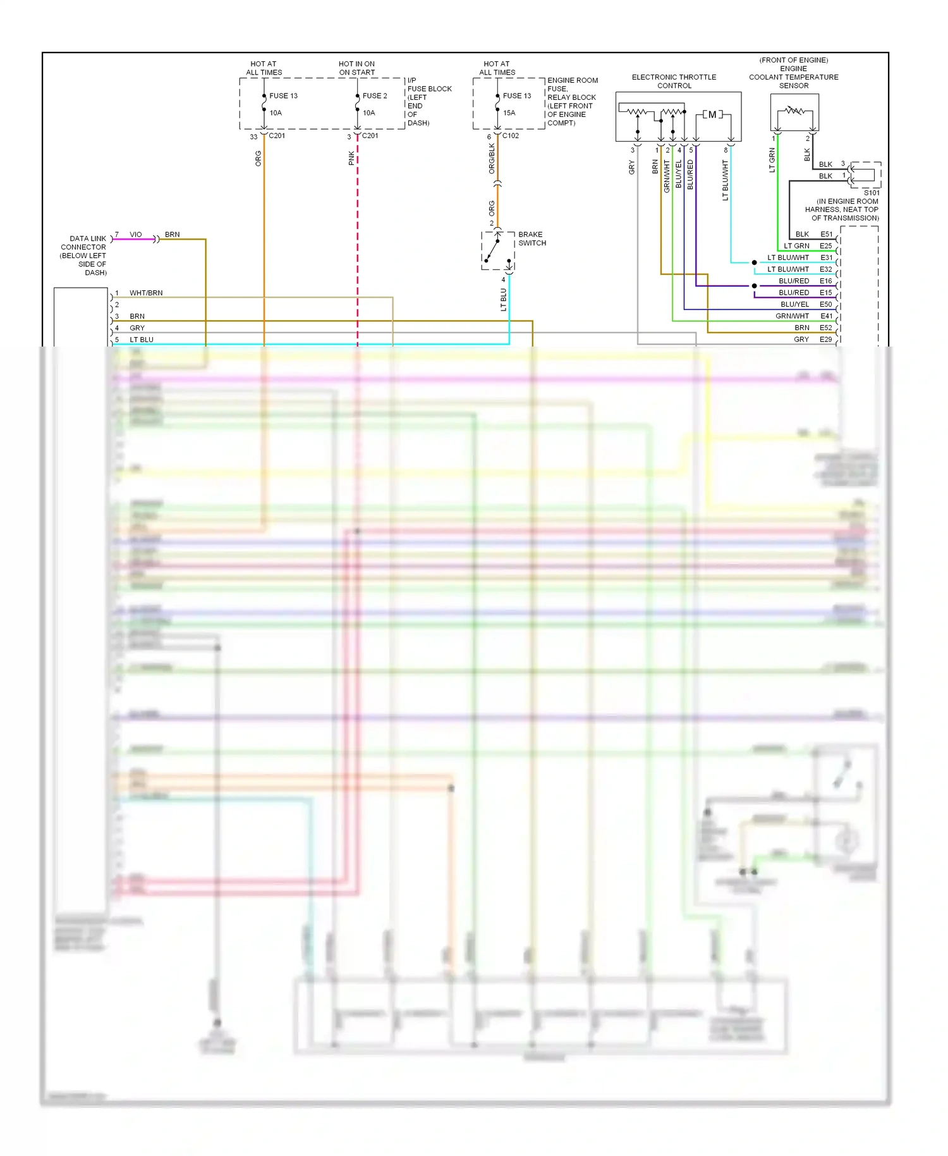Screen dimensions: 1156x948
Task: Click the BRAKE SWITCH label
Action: pyautogui.click(x=532, y=238)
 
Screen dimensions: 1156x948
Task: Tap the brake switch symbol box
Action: pyautogui.click(x=498, y=251)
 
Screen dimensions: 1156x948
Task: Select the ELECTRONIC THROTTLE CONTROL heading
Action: pyautogui.click(x=674, y=81)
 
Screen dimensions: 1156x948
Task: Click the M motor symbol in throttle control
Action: pyautogui.click(x=712, y=114)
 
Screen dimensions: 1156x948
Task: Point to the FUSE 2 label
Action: pyautogui.click(x=374, y=95)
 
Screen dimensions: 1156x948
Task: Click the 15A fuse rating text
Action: pyautogui.click(x=509, y=113)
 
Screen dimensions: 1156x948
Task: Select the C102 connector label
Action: pyautogui.click(x=511, y=135)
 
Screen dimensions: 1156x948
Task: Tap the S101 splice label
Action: pyautogui.click(x=871, y=193)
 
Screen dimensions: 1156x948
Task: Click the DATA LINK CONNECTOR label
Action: pyautogui.click(x=84, y=255)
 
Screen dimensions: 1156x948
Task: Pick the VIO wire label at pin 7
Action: pyautogui.click(x=136, y=235)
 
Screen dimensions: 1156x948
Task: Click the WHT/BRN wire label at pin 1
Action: pyautogui.click(x=146, y=293)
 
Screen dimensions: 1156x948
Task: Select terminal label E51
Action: pyautogui.click(x=826, y=234)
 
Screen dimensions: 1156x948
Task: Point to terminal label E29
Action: pyautogui.click(x=825, y=340)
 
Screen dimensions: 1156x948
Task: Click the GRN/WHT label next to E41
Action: pyautogui.click(x=792, y=316)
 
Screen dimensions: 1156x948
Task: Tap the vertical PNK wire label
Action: pyautogui.click(x=351, y=158)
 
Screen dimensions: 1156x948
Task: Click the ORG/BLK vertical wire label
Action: pyautogui.click(x=492, y=158)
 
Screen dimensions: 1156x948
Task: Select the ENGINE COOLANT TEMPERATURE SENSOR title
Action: pyautogui.click(x=793, y=73)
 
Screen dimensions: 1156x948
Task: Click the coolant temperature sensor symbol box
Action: pyautogui.click(x=794, y=113)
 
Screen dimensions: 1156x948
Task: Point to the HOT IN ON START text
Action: pyautogui.click(x=356, y=68)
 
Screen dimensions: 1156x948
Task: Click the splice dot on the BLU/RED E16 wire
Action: pyautogui.click(x=754, y=286)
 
